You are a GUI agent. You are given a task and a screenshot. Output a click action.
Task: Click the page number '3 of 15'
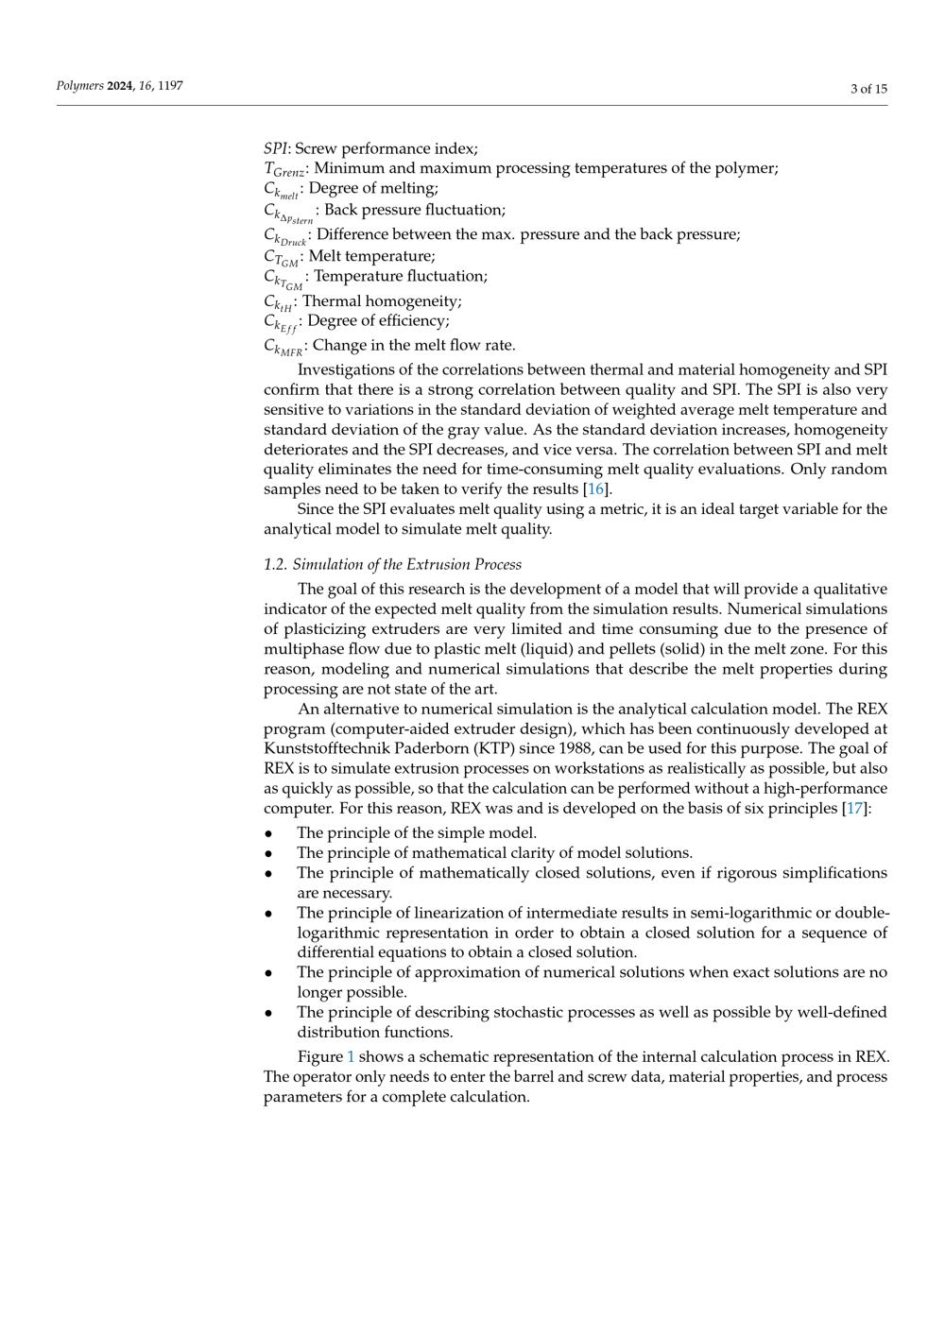click(x=868, y=89)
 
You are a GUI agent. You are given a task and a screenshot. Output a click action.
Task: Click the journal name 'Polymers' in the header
click(x=79, y=86)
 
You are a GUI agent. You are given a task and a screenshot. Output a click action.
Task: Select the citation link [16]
click(x=596, y=488)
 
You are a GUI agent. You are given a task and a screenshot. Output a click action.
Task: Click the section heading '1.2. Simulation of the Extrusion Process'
click(x=392, y=564)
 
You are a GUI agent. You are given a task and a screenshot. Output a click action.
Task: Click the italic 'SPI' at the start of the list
click(x=275, y=148)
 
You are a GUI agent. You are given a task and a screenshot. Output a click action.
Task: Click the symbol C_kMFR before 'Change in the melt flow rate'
click(x=283, y=347)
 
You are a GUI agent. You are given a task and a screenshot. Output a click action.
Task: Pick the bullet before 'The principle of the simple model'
click(x=269, y=833)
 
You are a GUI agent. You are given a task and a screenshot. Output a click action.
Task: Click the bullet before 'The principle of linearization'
click(x=269, y=913)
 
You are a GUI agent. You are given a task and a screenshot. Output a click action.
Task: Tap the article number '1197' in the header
click(x=170, y=86)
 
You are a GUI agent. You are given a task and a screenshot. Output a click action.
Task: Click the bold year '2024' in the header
click(x=121, y=86)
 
